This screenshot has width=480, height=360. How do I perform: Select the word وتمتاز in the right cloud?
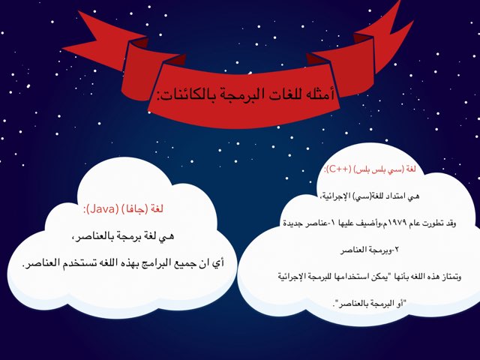pyautogui.click(x=448, y=277)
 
